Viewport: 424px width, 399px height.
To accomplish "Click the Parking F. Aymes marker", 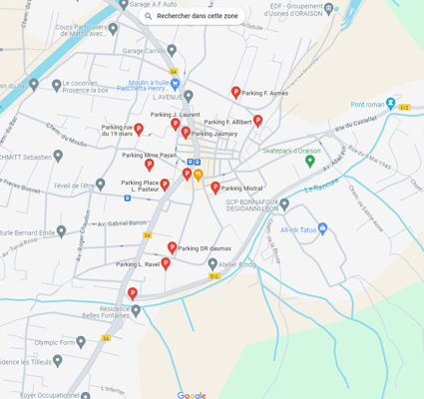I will (x=236, y=92).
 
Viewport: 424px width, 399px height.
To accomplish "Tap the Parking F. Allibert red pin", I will (x=257, y=121).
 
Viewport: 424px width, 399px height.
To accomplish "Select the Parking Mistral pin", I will (x=214, y=188).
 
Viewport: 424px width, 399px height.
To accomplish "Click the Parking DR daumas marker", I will (x=172, y=247).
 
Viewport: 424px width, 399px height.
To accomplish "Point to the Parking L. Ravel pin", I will (x=166, y=263).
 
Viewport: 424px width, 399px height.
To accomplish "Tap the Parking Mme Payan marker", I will (x=150, y=165).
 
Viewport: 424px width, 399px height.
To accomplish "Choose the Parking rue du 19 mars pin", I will (x=139, y=129).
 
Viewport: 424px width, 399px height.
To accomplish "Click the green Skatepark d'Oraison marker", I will (x=310, y=161).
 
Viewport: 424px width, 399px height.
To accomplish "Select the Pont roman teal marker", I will (x=391, y=104).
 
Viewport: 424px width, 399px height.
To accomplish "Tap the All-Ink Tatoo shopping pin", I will (x=321, y=228).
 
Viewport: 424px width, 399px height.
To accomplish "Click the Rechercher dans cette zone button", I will (x=192, y=16).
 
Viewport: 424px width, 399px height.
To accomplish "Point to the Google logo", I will (x=192, y=395).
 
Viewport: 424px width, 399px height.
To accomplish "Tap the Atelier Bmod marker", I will (x=223, y=264).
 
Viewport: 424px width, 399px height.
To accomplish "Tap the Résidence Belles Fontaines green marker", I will (x=137, y=310).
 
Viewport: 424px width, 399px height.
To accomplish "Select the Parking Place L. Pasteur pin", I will (x=165, y=185).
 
